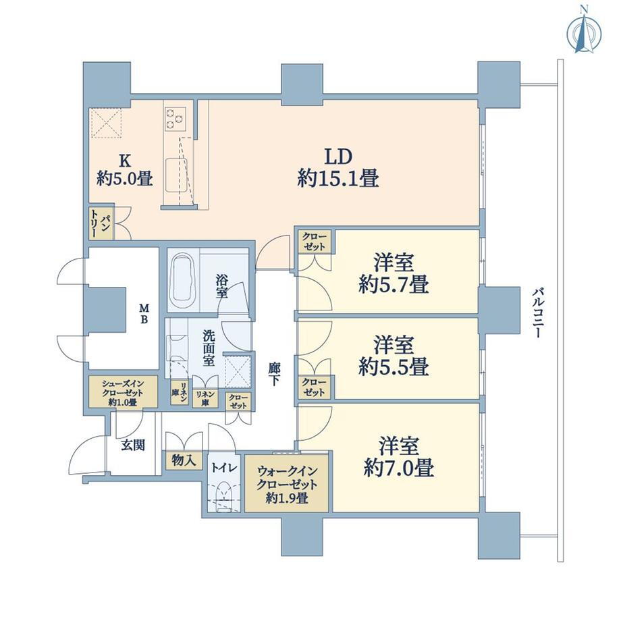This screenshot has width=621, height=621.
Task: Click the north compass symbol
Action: coord(584,34)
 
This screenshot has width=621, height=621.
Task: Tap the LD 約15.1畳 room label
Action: coord(338,167)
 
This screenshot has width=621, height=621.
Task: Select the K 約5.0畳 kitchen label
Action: coord(125,170)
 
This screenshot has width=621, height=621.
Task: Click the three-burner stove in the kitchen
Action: coord(175,118)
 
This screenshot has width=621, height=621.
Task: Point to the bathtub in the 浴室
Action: coord(182,279)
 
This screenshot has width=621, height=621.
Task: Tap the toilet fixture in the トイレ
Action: coord(224,495)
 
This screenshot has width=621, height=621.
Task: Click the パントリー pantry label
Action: coord(101,224)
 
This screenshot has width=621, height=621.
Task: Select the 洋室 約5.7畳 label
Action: coord(394,273)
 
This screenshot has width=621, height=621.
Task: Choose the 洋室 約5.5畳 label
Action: coord(394,356)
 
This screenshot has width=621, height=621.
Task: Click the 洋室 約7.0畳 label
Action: coord(399,457)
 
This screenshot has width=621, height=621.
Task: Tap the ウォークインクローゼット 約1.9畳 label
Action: coord(287,484)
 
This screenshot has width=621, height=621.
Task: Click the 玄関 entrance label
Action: coord(133,445)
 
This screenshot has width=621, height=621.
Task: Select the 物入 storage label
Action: coord(184,460)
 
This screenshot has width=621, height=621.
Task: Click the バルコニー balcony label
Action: coord(537,313)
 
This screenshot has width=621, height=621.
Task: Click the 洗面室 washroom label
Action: coord(209,348)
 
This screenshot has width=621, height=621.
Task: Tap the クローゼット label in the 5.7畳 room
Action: coord(315,242)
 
